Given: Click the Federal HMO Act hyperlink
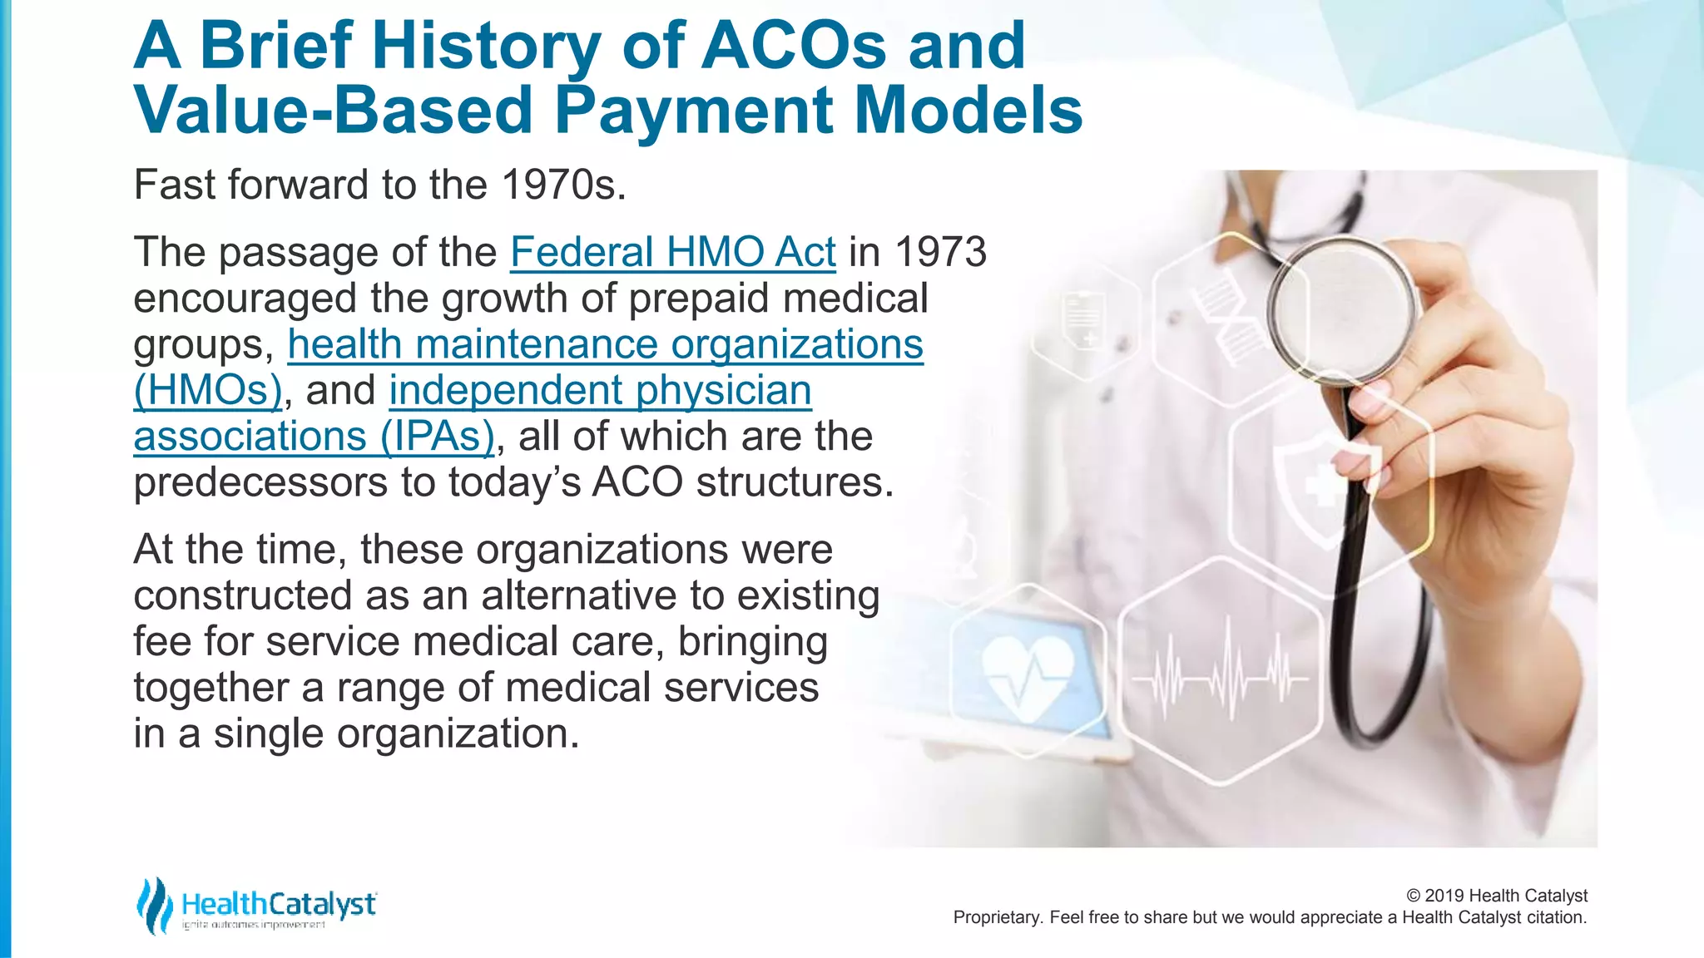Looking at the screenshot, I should (672, 252).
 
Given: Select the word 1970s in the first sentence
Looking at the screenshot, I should (563, 185).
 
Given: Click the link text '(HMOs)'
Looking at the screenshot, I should (208, 390).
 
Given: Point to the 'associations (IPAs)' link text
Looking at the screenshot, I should (314, 437).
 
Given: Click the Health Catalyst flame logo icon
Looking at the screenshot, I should (154, 905).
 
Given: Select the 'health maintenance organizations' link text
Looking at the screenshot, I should (605, 344).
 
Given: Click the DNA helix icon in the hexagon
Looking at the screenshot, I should (1223, 320).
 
